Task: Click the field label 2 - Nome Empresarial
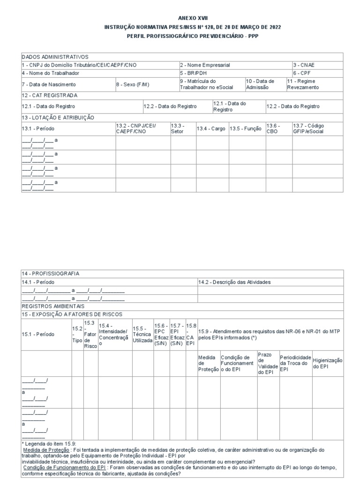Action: [x=205, y=65]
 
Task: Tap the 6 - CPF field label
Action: [x=302, y=73]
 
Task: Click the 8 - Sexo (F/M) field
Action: [x=133, y=84]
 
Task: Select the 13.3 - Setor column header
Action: [x=178, y=128]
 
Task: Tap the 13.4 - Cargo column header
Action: [x=211, y=128]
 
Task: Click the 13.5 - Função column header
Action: [x=245, y=128]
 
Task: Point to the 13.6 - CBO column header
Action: [x=273, y=128]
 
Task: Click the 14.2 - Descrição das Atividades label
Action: [x=234, y=282]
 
